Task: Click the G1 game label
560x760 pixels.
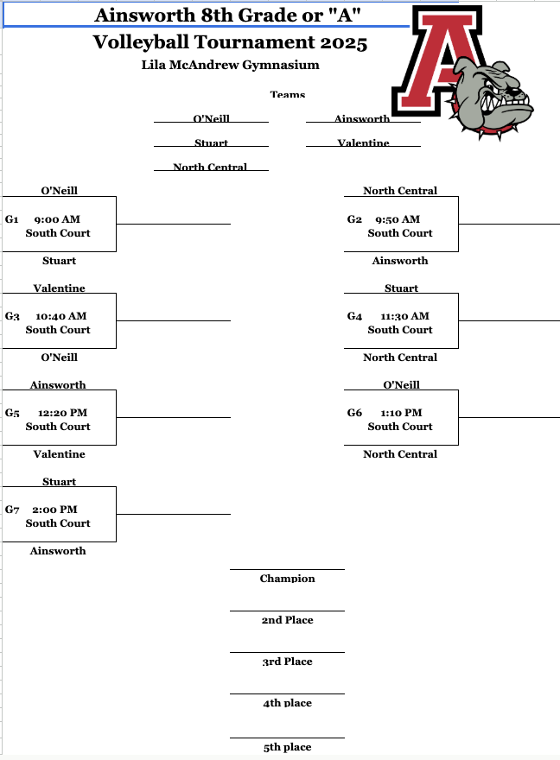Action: [12, 219]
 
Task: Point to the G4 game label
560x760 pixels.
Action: [354, 316]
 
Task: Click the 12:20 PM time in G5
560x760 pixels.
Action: [62, 413]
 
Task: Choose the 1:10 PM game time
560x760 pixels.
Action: [401, 413]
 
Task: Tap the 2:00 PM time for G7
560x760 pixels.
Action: [55, 510]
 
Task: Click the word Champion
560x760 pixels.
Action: [287, 579]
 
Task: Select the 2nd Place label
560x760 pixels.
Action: [287, 620]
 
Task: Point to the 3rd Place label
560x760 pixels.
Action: [287, 662]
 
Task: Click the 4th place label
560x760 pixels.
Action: [287, 703]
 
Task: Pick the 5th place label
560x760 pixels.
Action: [287, 747]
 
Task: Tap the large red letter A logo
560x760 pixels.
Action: [437, 60]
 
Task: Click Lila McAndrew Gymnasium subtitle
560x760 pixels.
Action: [230, 65]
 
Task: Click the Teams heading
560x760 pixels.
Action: [287, 95]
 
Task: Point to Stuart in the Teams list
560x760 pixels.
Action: [211, 143]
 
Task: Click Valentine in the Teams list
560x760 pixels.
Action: [363, 143]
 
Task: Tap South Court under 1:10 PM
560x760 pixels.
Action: [400, 427]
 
